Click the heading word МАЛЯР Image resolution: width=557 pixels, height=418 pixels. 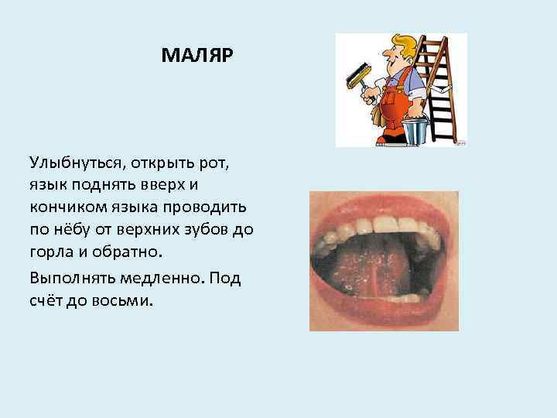point(196,57)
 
